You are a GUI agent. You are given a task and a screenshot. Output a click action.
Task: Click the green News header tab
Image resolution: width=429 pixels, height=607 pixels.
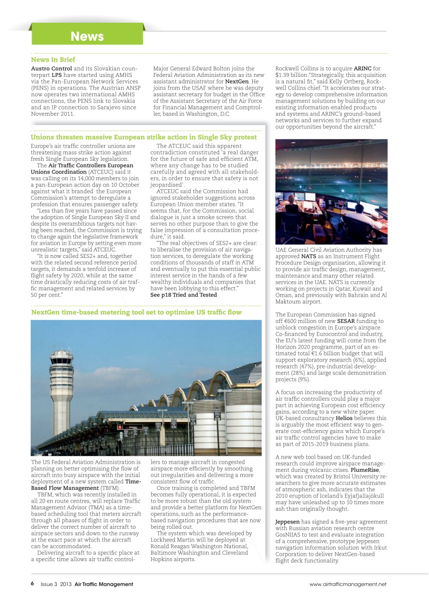tap(87, 36)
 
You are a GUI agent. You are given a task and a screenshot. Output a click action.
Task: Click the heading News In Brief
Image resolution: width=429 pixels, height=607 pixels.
tap(53, 60)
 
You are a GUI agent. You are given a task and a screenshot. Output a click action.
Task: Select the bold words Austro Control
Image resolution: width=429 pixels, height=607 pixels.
tap(51, 69)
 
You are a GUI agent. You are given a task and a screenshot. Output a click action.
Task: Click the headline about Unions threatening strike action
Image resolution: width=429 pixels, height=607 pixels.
tap(144, 137)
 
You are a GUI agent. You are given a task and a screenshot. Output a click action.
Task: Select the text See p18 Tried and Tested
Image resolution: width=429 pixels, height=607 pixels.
tap(183, 294)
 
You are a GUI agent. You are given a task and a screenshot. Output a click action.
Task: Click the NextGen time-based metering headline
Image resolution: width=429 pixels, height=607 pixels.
tap(136, 312)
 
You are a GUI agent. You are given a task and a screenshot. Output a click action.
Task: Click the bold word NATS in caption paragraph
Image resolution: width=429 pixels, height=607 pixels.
tap(309, 256)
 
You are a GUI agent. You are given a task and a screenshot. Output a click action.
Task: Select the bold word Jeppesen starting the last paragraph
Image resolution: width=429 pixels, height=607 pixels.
tap(287, 522)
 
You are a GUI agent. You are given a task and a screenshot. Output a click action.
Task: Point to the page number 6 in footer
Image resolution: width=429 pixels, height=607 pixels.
tap(32, 584)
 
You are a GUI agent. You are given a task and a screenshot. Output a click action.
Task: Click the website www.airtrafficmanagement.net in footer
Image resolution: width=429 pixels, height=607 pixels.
tap(347, 584)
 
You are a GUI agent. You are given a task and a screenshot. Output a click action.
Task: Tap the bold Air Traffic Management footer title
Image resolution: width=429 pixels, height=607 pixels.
tap(104, 584)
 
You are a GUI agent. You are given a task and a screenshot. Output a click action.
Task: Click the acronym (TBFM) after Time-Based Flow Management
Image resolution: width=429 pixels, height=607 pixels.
tap(110, 487)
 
